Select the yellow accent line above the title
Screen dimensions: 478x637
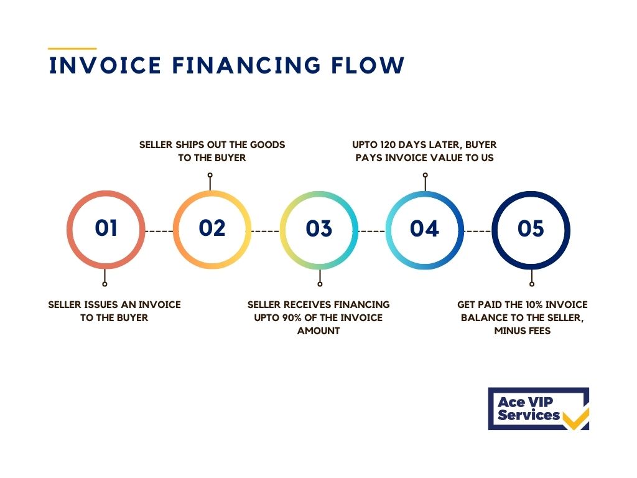[x=72, y=48]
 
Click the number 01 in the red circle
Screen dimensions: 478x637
[x=106, y=228]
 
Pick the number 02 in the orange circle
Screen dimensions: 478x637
[x=212, y=228]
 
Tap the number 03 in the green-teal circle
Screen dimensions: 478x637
[x=318, y=228]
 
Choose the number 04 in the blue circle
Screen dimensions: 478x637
[x=424, y=228]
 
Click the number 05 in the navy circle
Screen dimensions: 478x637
[x=531, y=228]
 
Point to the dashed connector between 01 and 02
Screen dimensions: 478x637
[x=159, y=231]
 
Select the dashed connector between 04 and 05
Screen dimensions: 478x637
[x=478, y=231]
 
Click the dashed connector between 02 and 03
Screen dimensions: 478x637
[x=266, y=231]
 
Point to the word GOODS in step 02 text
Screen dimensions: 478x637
[x=271, y=145]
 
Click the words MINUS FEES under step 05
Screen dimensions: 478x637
[x=523, y=331]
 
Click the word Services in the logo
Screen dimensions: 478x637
[x=528, y=415]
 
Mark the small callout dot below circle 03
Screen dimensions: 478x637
[x=320, y=284]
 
